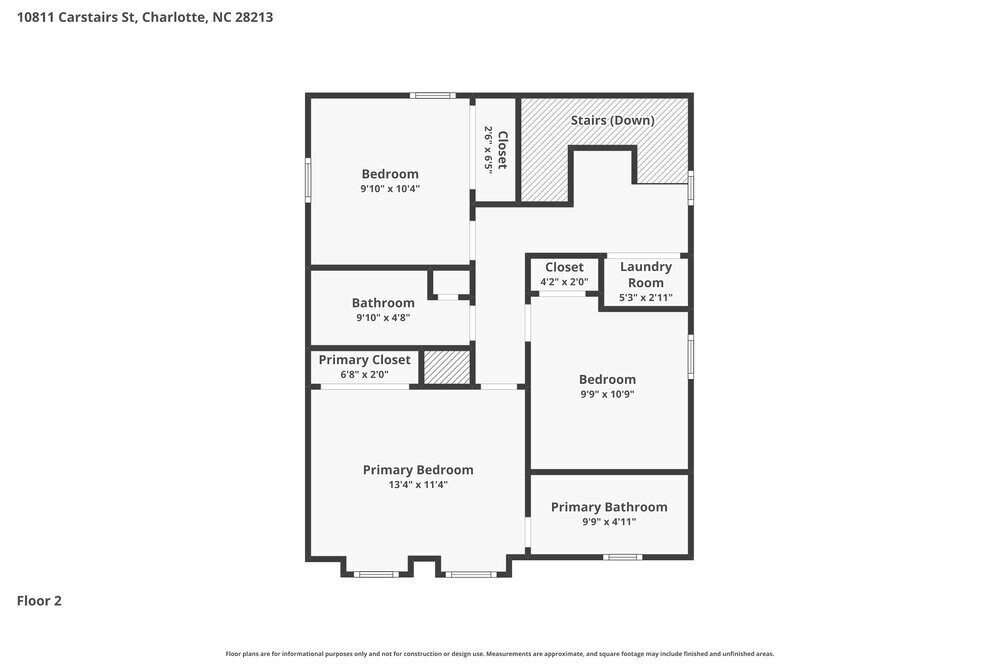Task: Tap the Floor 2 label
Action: [x=39, y=601]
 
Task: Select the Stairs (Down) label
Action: [x=612, y=120]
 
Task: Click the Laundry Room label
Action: [x=645, y=274]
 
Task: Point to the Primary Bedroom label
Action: [x=418, y=470]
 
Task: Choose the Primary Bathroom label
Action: [x=608, y=507]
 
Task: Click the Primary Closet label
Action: [x=364, y=360]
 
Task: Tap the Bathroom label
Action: [x=383, y=303]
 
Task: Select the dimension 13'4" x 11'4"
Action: [x=418, y=485]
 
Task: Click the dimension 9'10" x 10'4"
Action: [x=390, y=188]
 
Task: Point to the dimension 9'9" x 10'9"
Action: [x=607, y=394]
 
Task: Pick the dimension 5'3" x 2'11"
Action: [x=645, y=297]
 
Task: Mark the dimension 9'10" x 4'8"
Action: [x=383, y=318]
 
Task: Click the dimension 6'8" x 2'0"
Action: [x=364, y=375]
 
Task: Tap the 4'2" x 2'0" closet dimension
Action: [x=564, y=282]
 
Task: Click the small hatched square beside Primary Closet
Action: [x=447, y=367]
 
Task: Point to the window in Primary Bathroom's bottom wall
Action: [x=623, y=556]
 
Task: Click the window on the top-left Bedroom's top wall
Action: [x=433, y=96]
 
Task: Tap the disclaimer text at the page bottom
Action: [x=499, y=653]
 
